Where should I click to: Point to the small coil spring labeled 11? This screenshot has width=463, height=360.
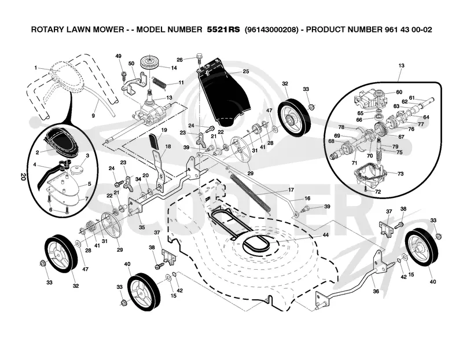(x=160, y=82)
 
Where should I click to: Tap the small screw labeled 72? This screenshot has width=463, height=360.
(x=366, y=188)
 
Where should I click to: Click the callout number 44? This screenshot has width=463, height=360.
(x=325, y=235)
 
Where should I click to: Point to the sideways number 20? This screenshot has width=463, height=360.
(x=23, y=177)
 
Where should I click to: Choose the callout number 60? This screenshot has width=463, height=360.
(x=399, y=92)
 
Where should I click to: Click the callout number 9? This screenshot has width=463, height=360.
(x=93, y=116)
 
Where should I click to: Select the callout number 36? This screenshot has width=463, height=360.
(x=376, y=291)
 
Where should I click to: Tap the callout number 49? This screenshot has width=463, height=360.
(x=119, y=56)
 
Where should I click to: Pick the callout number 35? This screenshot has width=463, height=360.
(x=142, y=227)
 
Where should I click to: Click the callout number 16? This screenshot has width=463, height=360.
(x=307, y=199)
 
